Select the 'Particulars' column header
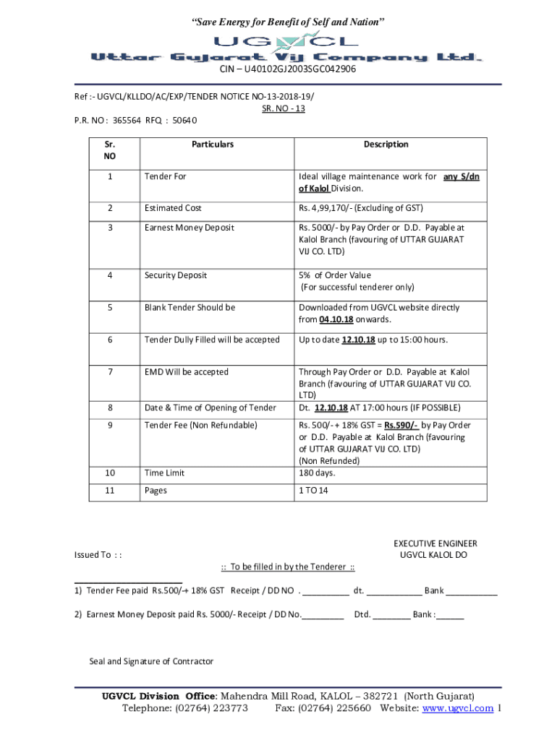pyautogui.click(x=213, y=145)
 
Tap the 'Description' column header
pyautogui.click(x=386, y=145)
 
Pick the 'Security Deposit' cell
pyautogui.click(x=176, y=275)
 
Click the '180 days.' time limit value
pyautogui.click(x=317, y=473)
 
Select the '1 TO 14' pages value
pyautogui.click(x=313, y=491)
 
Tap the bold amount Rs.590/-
pyautogui.click(x=401, y=426)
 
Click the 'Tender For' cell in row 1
pyautogui.click(x=165, y=176)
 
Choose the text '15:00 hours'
pyautogui.click(x=422, y=340)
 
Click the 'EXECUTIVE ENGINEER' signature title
pyautogui.click(x=435, y=543)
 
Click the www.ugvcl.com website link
pyautogui.click(x=458, y=708)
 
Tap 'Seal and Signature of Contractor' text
pyautogui.click(x=151, y=661)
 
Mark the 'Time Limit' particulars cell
pyautogui.click(x=165, y=473)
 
